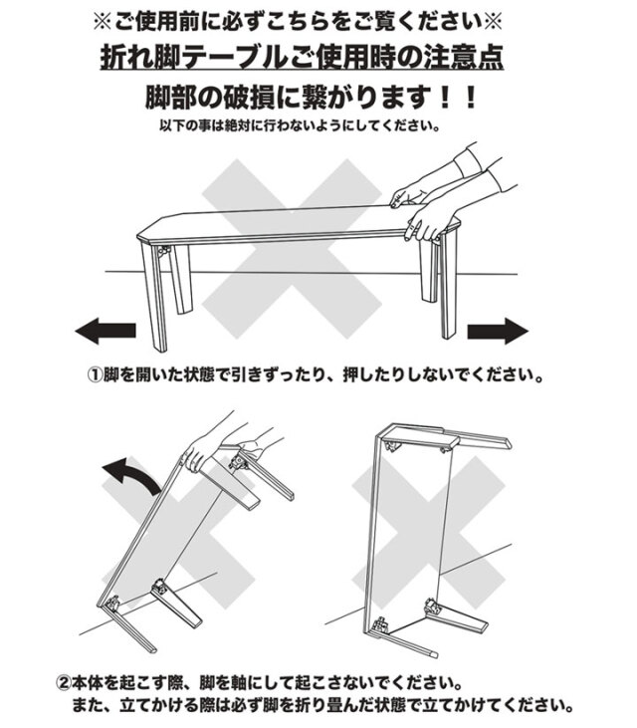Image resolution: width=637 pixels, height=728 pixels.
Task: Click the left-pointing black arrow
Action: click(105, 331)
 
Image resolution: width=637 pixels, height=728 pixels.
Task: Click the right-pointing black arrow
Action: click(497, 331)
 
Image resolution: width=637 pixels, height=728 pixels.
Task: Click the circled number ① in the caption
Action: click(97, 377)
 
